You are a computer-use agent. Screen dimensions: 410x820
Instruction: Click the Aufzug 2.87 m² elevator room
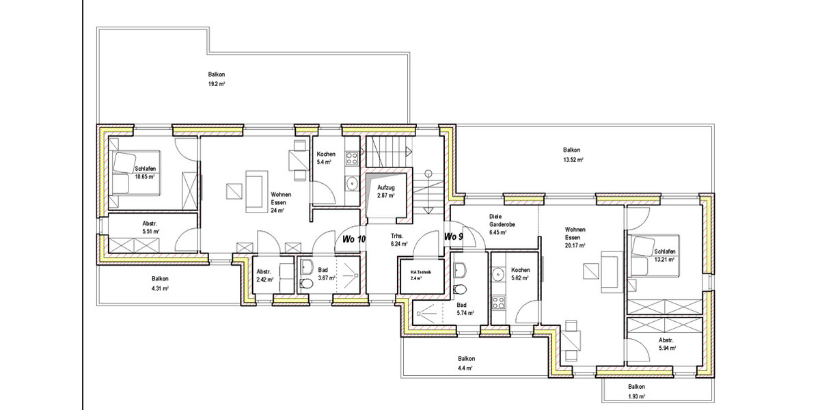pyautogui.click(x=387, y=191)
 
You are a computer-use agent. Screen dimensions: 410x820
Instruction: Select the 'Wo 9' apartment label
pyautogui.click(x=454, y=236)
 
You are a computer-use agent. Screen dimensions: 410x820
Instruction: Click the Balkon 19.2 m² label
pyautogui.click(x=217, y=79)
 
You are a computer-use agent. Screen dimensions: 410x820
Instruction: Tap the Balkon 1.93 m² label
pyautogui.click(x=636, y=391)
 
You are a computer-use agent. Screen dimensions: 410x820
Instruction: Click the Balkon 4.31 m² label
pyautogui.click(x=160, y=283)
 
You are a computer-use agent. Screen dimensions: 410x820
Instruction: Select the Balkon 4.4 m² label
pyautogui.click(x=466, y=363)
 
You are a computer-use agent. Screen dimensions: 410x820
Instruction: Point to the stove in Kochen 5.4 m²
pyautogui.click(x=353, y=159)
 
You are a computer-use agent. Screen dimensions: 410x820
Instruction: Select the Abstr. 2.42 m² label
pyautogui.click(x=264, y=274)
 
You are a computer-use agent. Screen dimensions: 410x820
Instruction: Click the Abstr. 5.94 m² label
pyautogui.click(x=666, y=344)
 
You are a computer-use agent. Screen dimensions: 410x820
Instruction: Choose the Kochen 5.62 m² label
pyautogui.click(x=521, y=274)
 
